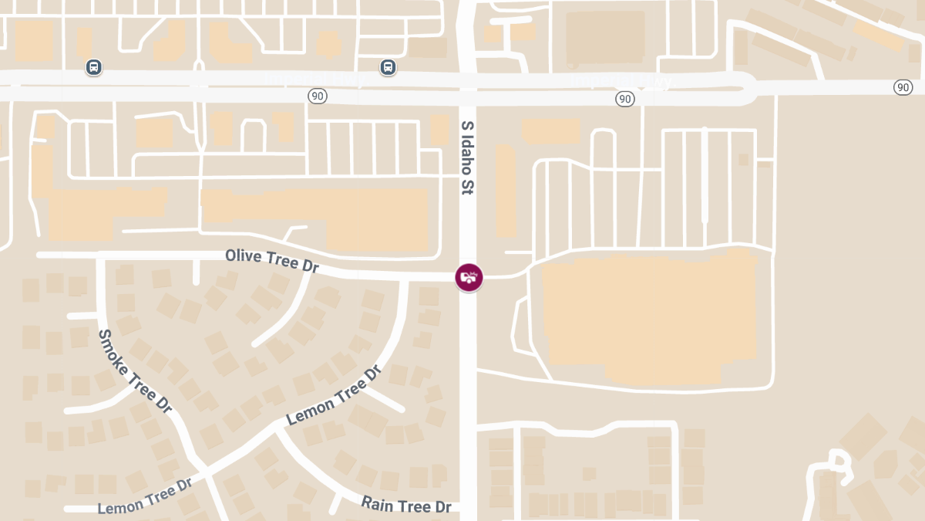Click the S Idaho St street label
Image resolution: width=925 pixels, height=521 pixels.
466,157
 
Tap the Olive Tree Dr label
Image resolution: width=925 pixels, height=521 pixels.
271,260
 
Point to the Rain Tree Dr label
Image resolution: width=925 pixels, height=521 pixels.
406,505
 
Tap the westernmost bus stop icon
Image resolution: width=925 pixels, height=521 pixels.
93,67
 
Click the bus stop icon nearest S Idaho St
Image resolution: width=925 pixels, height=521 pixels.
388,67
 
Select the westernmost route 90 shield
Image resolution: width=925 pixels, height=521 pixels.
317,96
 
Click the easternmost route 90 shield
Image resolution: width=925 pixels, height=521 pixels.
903,87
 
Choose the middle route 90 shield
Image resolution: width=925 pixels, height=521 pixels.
625,99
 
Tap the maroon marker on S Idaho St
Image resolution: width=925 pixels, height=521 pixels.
469,277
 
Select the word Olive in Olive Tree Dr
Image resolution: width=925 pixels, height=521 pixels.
241,255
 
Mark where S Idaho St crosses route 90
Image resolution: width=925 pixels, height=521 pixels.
468,87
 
